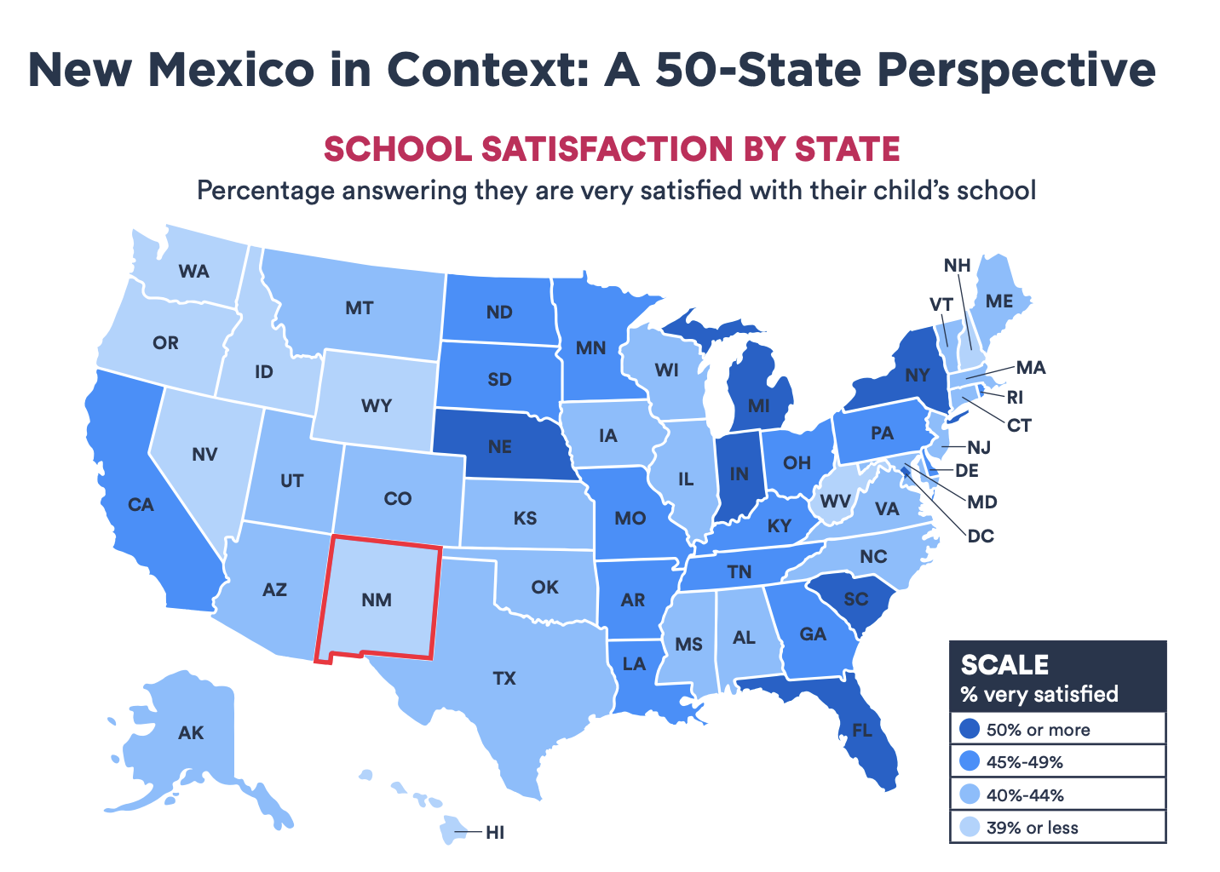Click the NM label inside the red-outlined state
click(376, 599)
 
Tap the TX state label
click(504, 679)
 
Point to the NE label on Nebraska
click(500, 446)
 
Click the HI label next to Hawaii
click(495, 833)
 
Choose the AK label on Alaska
click(191, 732)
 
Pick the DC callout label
click(980, 536)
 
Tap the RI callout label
click(1015, 397)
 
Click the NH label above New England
click(958, 266)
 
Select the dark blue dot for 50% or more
click(969, 730)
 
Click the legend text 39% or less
click(1032, 828)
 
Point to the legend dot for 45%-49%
click(969, 762)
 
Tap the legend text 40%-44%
click(1025, 795)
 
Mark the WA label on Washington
click(193, 272)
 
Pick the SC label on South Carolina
click(855, 599)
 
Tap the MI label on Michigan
click(758, 405)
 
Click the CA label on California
click(141, 505)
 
